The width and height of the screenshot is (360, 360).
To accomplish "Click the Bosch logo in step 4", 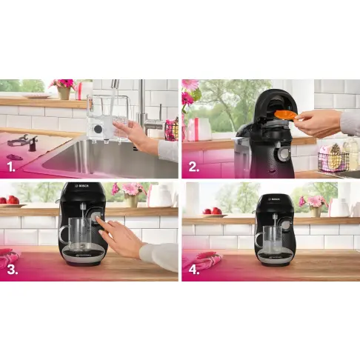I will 276,199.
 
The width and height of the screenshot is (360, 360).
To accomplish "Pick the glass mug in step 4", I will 273,238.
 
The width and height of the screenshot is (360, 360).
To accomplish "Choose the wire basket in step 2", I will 332,159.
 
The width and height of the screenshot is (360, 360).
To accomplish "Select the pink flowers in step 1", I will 65,84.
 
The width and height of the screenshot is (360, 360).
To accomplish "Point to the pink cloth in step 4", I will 200,261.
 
